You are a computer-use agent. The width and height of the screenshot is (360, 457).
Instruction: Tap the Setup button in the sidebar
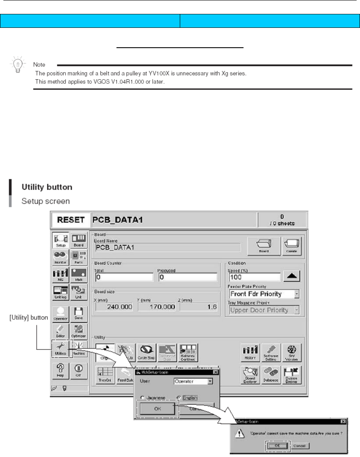[60, 240]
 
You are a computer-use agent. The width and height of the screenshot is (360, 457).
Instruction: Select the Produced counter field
[187, 277]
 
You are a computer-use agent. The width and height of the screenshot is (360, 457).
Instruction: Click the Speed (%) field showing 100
[254, 277]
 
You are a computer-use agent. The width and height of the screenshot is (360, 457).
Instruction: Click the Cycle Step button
[146, 351]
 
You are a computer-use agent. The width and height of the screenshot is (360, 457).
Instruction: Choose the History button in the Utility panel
[249, 351]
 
